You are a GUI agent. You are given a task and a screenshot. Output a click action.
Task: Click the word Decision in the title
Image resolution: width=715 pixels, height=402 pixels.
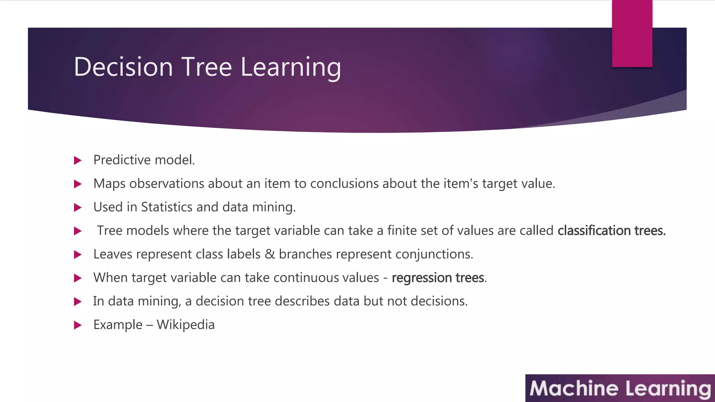coord(123,67)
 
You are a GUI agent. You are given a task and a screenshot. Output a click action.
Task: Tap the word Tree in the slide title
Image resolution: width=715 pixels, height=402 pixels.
coord(206,67)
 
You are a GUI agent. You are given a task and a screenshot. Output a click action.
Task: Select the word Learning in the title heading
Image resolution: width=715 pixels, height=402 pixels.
coord(290,67)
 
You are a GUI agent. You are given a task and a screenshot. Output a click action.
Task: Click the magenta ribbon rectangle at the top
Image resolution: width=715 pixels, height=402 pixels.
coord(632,33)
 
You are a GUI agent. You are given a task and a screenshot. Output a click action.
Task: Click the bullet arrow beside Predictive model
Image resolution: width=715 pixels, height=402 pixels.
coord(78,161)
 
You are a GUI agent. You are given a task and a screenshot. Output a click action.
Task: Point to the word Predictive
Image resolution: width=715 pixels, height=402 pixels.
coord(122,160)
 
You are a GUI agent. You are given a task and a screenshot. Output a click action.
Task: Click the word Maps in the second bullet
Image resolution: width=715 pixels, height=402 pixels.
coord(109,184)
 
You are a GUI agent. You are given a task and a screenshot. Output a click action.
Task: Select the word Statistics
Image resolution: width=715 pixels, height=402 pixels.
coord(167,207)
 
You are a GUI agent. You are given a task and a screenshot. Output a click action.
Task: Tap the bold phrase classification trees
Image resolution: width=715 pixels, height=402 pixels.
coord(611,231)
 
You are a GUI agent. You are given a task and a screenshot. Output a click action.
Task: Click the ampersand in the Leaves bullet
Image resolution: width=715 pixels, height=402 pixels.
coord(270,254)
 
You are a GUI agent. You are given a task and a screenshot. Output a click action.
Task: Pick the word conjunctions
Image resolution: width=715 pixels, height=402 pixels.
coord(434,254)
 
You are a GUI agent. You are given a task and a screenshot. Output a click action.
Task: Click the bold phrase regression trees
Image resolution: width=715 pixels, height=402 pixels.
coord(438,278)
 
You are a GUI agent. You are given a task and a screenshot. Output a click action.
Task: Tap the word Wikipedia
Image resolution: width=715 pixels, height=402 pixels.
coord(185,325)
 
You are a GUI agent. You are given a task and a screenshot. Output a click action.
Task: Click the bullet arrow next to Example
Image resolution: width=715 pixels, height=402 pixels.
coord(78,325)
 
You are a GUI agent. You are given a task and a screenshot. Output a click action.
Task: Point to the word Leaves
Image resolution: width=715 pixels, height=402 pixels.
coord(113,254)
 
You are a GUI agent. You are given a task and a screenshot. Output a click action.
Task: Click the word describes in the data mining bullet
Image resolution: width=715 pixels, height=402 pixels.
coord(302,301)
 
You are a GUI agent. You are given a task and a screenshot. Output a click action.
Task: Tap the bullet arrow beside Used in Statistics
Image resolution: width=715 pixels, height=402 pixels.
coord(78,208)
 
